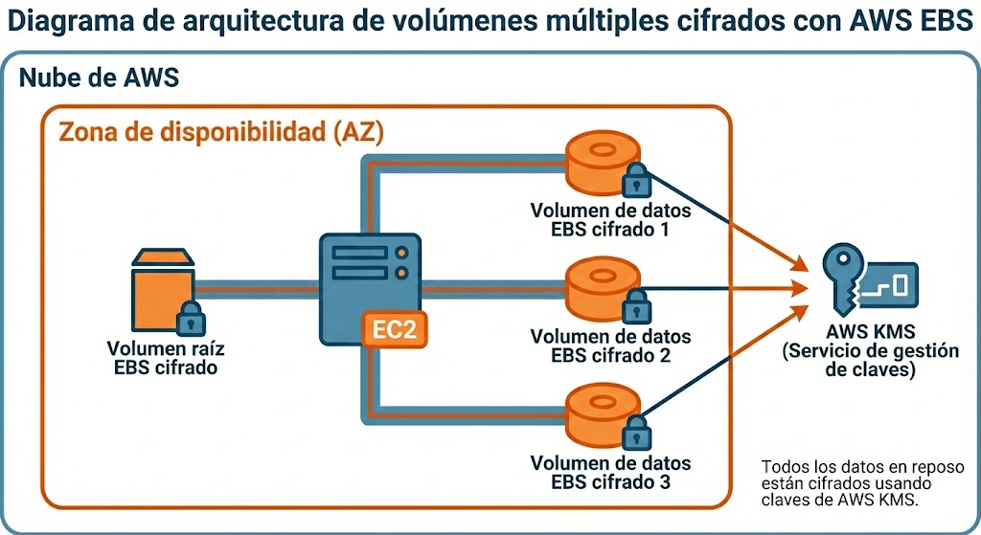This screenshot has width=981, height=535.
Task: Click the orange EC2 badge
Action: [x=394, y=329]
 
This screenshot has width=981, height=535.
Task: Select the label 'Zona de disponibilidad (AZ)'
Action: [x=221, y=132]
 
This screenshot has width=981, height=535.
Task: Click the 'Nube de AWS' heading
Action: [x=99, y=78]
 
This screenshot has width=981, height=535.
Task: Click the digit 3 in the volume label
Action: [x=664, y=481]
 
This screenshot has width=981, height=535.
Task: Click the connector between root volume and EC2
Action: [x=256, y=286]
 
